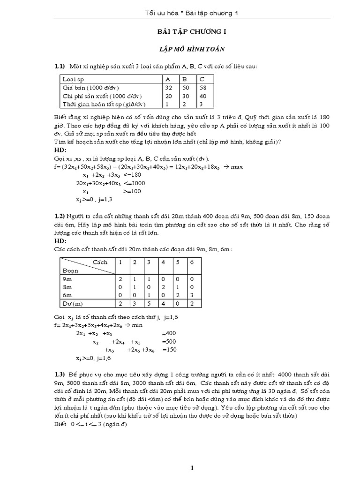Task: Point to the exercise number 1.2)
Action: point(59,216)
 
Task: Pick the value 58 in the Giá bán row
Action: point(202,87)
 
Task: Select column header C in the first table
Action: point(202,79)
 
